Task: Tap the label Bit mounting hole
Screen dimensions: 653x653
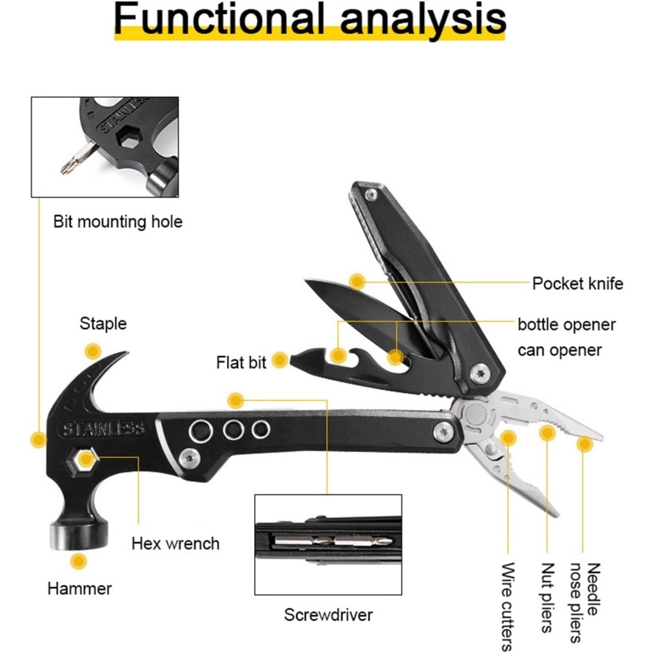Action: [118, 222]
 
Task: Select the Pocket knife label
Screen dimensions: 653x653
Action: [577, 283]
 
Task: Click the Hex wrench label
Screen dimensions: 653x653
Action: [175, 543]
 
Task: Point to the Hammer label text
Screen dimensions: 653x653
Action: [79, 588]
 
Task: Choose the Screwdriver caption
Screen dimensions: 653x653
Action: [328, 614]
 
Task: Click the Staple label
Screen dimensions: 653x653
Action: [103, 323]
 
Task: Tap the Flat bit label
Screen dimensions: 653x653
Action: [241, 362]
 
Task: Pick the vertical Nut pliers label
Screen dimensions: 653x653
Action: [547, 597]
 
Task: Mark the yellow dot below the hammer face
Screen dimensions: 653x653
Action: [79, 561]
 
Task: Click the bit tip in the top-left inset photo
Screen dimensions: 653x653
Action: [65, 168]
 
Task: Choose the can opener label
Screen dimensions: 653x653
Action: [559, 350]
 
